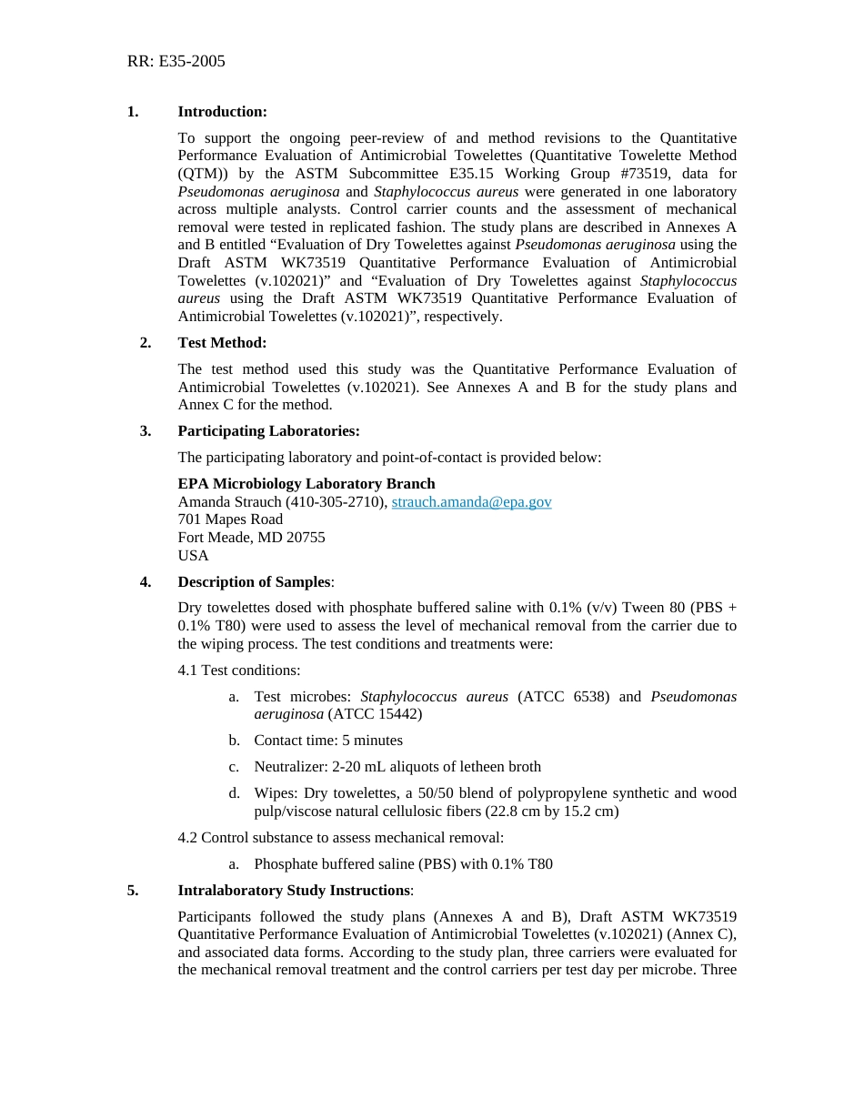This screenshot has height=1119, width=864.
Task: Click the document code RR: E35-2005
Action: click(x=176, y=62)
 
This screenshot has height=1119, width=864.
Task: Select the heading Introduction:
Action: click(x=222, y=112)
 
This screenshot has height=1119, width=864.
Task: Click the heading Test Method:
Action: click(x=222, y=343)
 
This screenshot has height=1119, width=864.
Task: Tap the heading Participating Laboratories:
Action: click(x=268, y=431)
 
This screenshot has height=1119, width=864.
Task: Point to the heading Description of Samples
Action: click(x=254, y=582)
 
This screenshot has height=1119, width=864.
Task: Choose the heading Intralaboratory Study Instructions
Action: click(x=294, y=891)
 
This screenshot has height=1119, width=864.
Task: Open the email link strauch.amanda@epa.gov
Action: click(x=471, y=502)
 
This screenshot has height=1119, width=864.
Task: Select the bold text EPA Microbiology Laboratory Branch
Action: click(x=306, y=484)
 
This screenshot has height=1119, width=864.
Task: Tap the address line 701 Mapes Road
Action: click(x=230, y=519)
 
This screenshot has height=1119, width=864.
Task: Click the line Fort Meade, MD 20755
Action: click(x=251, y=538)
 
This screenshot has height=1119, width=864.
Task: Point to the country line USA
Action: click(x=193, y=556)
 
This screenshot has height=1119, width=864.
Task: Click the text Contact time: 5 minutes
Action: click(x=328, y=741)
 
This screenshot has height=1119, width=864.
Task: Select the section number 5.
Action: click(x=133, y=891)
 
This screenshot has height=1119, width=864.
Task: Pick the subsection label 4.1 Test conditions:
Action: click(x=238, y=670)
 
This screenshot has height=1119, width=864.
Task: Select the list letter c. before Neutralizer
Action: click(x=234, y=767)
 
